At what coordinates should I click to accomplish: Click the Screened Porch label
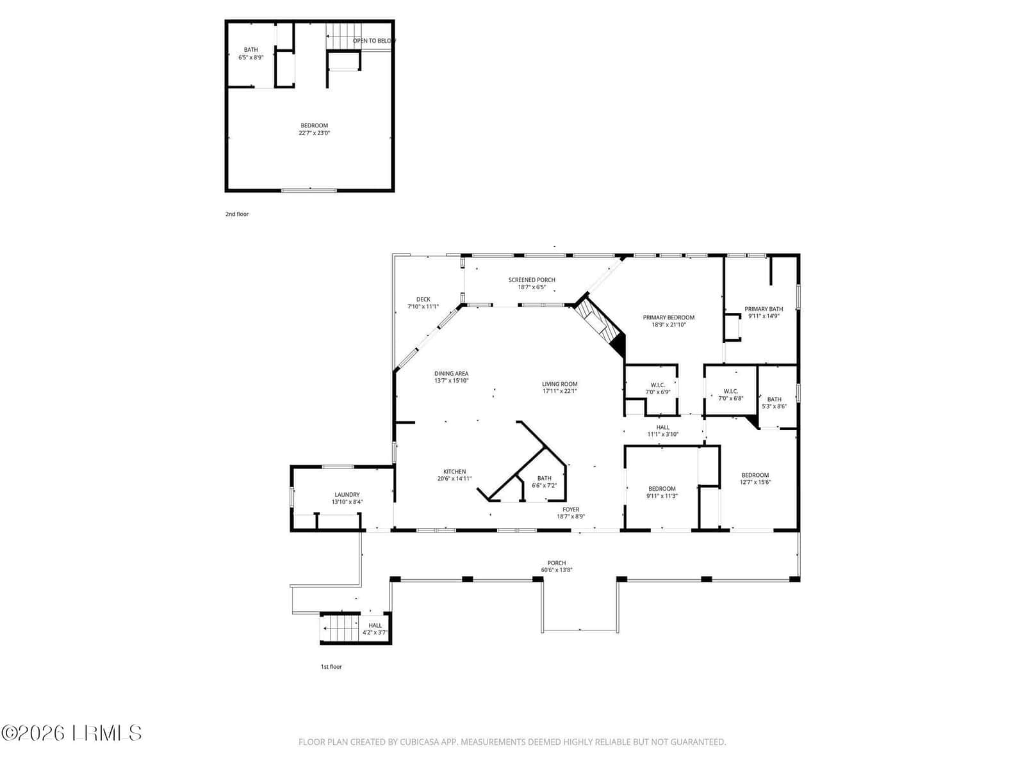[532, 280]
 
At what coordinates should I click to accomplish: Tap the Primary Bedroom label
[668, 317]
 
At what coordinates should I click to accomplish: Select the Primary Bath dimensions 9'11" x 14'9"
[764, 316]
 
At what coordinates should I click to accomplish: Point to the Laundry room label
[347, 494]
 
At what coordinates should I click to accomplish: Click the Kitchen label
[454, 472]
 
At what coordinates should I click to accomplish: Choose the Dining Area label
[451, 374]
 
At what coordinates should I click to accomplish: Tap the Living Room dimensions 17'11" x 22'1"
[559, 391]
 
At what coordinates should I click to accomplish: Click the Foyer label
[571, 509]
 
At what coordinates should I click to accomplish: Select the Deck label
[423, 300]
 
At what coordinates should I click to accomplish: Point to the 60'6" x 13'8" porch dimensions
[556, 570]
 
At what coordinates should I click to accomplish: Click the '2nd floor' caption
[237, 214]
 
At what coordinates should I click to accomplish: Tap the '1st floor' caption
[331, 667]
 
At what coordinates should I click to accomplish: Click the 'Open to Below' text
[374, 40]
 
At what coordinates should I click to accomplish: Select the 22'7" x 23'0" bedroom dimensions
[315, 133]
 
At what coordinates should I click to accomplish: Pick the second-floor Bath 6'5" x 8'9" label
[250, 54]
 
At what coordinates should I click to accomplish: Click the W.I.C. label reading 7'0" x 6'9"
[657, 388]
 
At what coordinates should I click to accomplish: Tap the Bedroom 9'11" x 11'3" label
[662, 492]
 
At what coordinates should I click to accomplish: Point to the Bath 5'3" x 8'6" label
[774, 403]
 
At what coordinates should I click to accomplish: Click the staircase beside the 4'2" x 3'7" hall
[340, 628]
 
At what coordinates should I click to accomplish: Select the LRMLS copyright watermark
[71, 733]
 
